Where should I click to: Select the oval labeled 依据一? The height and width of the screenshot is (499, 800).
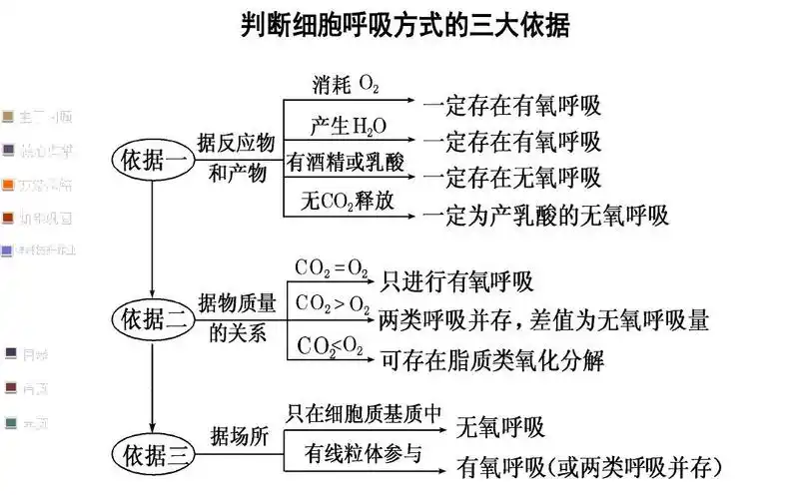[153, 160]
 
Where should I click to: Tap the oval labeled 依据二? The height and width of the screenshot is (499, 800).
[153, 319]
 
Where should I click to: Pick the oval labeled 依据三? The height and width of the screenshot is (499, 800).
[153, 456]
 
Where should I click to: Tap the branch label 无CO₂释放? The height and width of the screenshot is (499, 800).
[347, 200]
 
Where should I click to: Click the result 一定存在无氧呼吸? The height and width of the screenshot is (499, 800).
[510, 178]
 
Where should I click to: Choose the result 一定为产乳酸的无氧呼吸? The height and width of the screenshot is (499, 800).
[544, 215]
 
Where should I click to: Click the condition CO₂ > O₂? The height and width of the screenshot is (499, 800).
[333, 305]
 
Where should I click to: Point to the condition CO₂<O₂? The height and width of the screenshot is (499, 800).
[332, 346]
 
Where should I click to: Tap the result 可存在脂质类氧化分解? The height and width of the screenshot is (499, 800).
[492, 359]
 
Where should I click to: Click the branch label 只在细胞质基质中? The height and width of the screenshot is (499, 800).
[364, 411]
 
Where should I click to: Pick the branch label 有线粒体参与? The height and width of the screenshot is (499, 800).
[364, 452]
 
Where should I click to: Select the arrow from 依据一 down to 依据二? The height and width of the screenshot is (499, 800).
[152, 240]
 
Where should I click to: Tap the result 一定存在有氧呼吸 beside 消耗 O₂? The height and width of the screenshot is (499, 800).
[510, 104]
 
